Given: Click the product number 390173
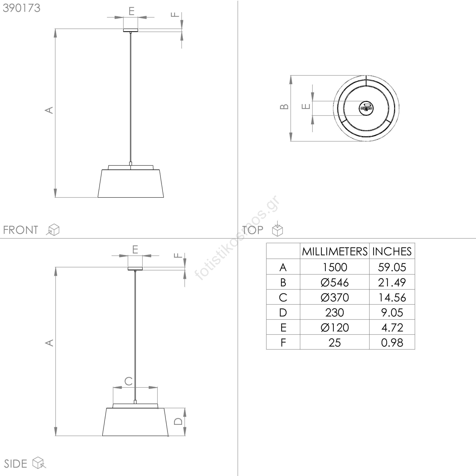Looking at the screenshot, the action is (21, 8).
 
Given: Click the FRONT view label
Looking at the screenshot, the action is (21, 230).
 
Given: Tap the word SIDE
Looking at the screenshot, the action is (15, 464).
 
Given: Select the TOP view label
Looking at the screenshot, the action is (253, 230).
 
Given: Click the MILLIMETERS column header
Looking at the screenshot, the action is (335, 252).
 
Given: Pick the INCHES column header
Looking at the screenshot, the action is (392, 252).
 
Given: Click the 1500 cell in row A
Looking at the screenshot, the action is (335, 267).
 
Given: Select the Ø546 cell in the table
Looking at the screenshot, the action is (335, 282).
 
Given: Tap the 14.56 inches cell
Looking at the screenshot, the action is (392, 297).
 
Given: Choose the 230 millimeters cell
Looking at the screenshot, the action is (335, 313).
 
